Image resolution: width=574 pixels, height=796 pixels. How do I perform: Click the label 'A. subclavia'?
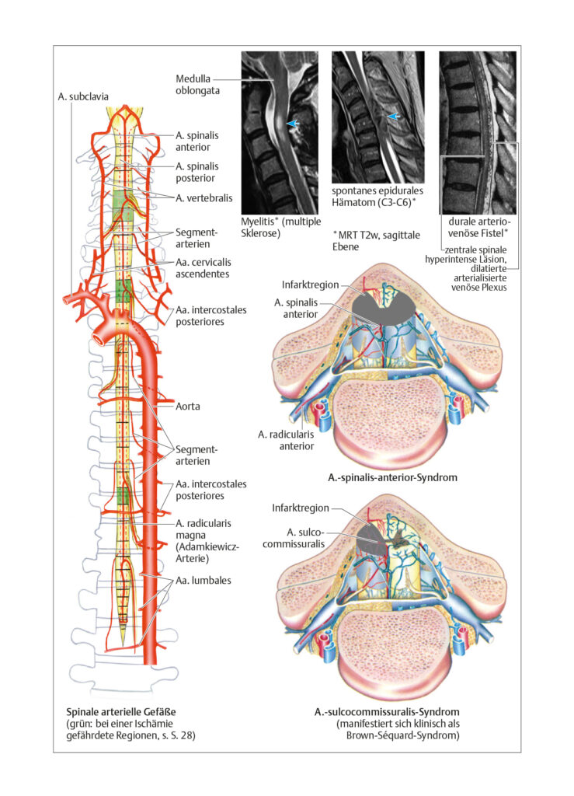coord(82,96)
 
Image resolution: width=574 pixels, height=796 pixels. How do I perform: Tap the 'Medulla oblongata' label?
coord(198,85)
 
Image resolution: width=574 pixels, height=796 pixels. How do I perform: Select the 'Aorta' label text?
coord(188,406)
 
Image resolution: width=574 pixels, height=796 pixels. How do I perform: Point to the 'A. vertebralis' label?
coord(204,198)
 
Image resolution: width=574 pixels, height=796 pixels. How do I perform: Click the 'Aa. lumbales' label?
coord(204,580)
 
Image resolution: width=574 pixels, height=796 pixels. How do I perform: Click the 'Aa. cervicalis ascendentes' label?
coord(204,268)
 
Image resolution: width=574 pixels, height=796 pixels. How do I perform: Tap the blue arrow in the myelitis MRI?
coord(293,124)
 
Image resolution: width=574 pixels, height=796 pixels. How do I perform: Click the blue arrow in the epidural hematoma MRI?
coord(394,117)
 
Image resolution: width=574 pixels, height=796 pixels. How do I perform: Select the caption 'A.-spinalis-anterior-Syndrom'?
coord(392,477)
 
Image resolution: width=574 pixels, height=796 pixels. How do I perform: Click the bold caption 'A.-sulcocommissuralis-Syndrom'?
coord(387,712)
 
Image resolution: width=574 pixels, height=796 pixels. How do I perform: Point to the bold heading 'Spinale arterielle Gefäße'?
coord(121,712)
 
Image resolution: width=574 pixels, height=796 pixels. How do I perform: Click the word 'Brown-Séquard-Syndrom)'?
coord(403,735)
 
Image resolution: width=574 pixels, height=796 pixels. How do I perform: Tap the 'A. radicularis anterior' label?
coord(286,440)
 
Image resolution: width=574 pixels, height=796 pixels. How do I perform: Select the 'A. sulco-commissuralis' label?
coord(294,538)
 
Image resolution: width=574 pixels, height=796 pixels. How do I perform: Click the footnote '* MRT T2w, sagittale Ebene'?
coord(376,241)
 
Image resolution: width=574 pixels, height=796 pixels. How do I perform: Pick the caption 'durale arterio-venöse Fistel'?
coord(478,227)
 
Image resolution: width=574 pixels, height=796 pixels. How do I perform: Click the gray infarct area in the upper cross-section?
coord(384,309)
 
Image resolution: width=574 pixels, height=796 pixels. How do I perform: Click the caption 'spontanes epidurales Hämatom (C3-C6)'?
coord(377,197)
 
